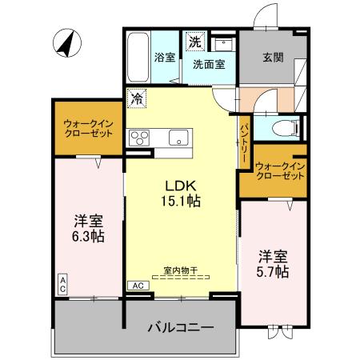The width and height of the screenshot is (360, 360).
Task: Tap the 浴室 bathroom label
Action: tap(165, 58)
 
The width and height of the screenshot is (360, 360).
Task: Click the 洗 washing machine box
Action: tap(194, 40)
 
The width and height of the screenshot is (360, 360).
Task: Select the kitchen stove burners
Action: tap(140, 136)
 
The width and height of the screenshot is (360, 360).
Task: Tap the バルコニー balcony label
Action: tap(180, 327)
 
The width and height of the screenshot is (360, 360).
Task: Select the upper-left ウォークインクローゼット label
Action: tap(88, 128)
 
